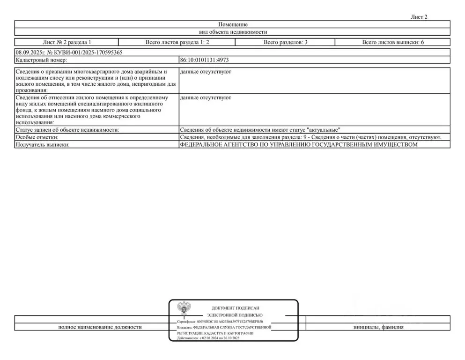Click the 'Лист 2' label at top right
pyautogui.click(x=419, y=17)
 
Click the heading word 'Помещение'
pyautogui.click(x=232, y=24)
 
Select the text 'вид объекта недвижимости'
pyautogui.click(x=232, y=32)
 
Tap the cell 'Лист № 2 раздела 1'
pyautogui.click(x=66, y=42)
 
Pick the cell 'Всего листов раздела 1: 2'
pyautogui.click(x=177, y=42)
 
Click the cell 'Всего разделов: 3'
pyautogui.click(x=285, y=42)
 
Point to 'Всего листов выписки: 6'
pyautogui.click(x=392, y=42)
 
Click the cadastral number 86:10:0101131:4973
pyautogui.click(x=204, y=60)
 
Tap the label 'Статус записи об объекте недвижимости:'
pyautogui.click(x=67, y=130)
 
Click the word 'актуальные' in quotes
pyautogui.click(x=323, y=130)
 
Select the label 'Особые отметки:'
pyautogui.click(x=37, y=137)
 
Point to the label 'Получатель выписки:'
pyautogui.click(x=43, y=145)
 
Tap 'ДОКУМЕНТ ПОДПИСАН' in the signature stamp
pyautogui.click(x=236, y=308)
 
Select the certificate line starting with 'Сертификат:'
pyautogui.click(x=220, y=322)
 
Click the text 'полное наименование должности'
pyautogui.click(x=100, y=327)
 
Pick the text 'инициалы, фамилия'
pyautogui.click(x=378, y=327)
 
